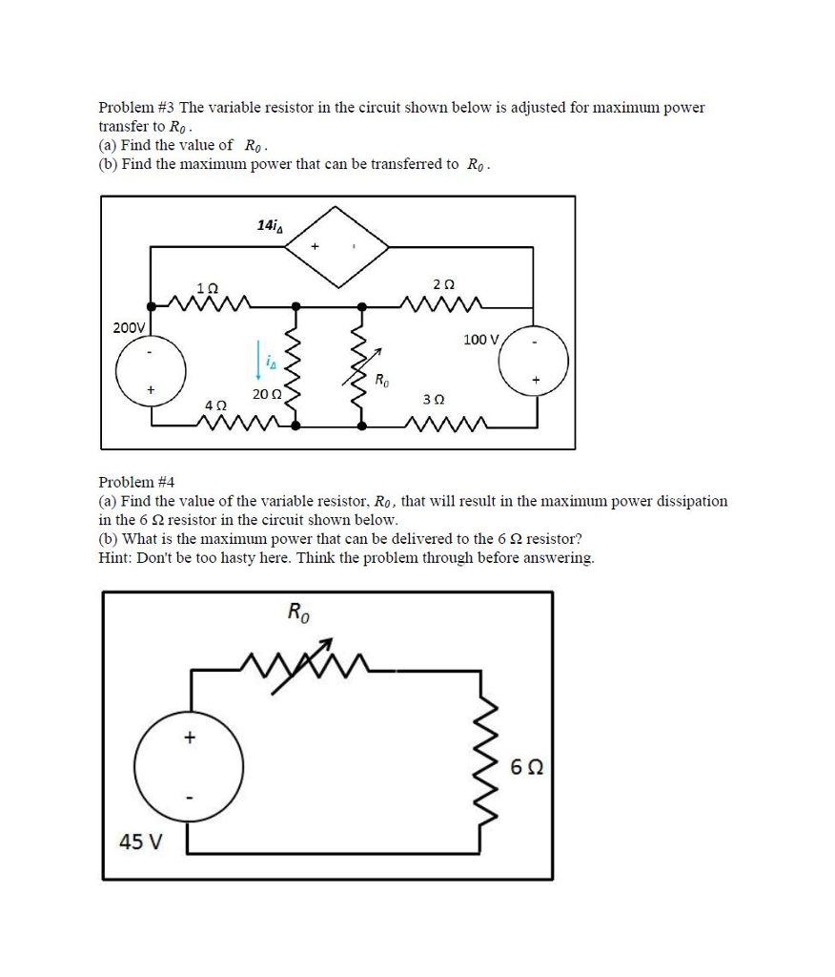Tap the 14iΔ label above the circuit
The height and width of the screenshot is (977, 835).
270,225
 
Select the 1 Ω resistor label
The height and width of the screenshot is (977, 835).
206,287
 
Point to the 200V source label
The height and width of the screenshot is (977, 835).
129,327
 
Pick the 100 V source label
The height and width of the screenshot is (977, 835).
482,340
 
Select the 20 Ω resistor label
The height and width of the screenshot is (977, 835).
267,393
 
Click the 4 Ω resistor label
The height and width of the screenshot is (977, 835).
215,405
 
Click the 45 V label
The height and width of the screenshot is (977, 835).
139,842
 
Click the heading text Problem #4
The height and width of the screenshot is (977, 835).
137,483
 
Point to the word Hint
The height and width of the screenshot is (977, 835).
114,558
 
